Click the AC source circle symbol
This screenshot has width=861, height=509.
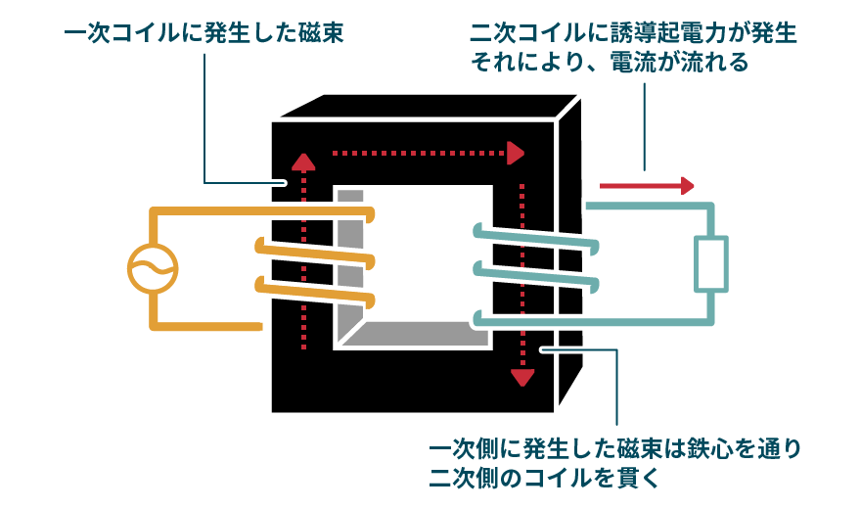tap(154, 267)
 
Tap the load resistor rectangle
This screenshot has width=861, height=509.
tap(711, 263)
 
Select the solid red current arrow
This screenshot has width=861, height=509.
tap(646, 185)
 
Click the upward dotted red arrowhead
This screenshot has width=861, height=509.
tap(304, 162)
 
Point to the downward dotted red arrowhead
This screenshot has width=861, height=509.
tap(523, 376)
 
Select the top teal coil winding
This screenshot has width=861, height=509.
tap(533, 239)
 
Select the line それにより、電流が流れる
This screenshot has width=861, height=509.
tap(610, 63)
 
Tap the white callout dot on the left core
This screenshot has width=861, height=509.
tap(281, 182)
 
